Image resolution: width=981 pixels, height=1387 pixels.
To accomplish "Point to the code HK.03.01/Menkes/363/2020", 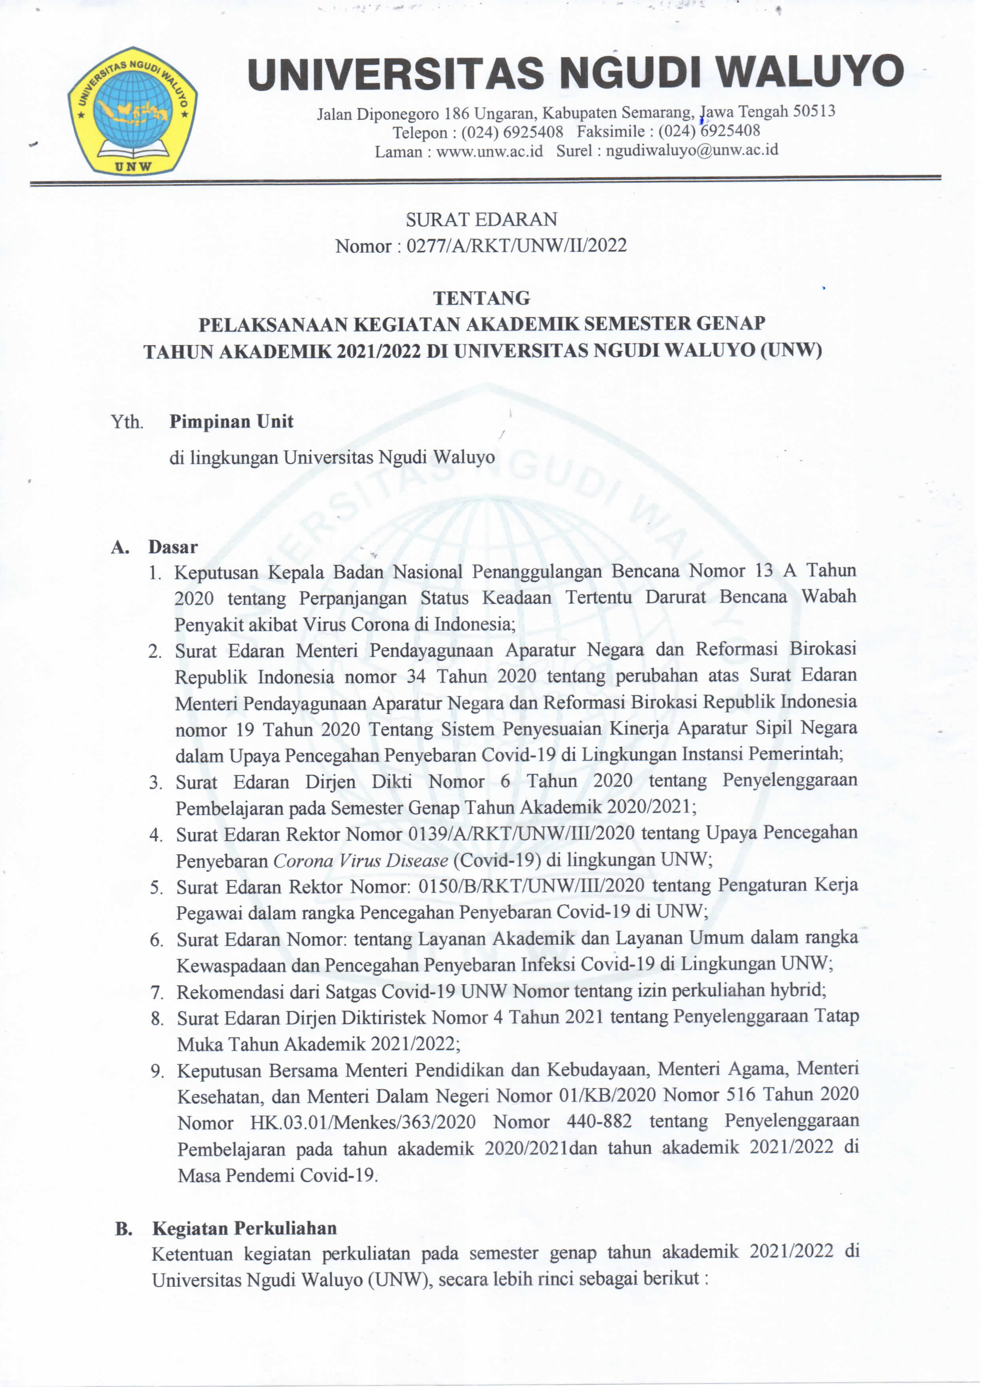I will coord(363,1123).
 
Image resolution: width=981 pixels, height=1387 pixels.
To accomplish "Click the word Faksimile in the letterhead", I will coord(611,131).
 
